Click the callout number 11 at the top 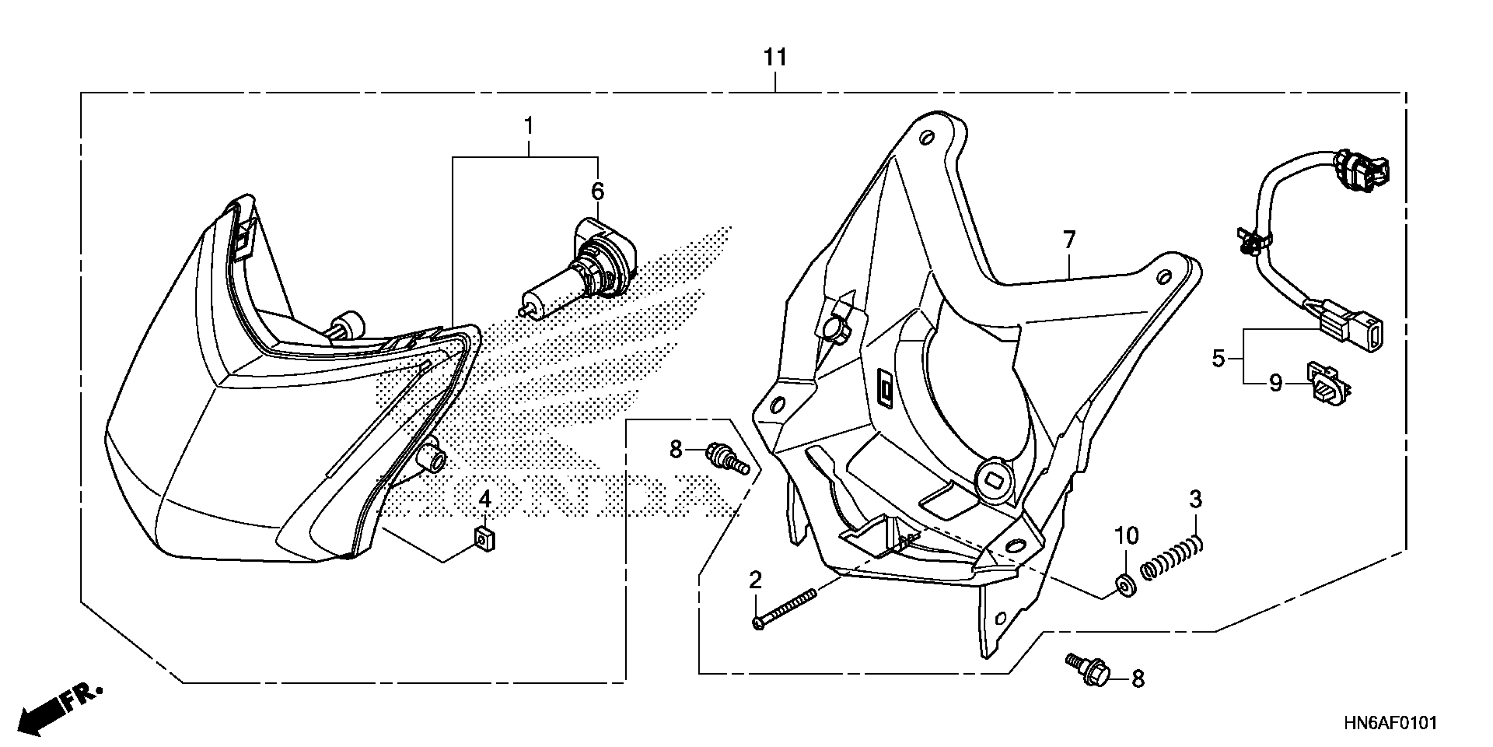(775, 58)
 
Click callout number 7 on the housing (1069, 239)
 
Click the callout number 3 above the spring (1196, 499)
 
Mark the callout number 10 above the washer (1127, 536)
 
